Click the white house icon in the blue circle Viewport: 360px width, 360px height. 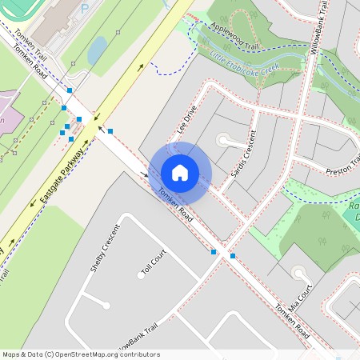[x=180, y=173]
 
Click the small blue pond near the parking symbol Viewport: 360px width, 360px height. [x=97, y=51]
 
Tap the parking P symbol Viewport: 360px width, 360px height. [x=85, y=10]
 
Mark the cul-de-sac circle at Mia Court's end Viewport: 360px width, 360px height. [x=300, y=274]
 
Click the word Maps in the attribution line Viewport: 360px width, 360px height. [x=11, y=354]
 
